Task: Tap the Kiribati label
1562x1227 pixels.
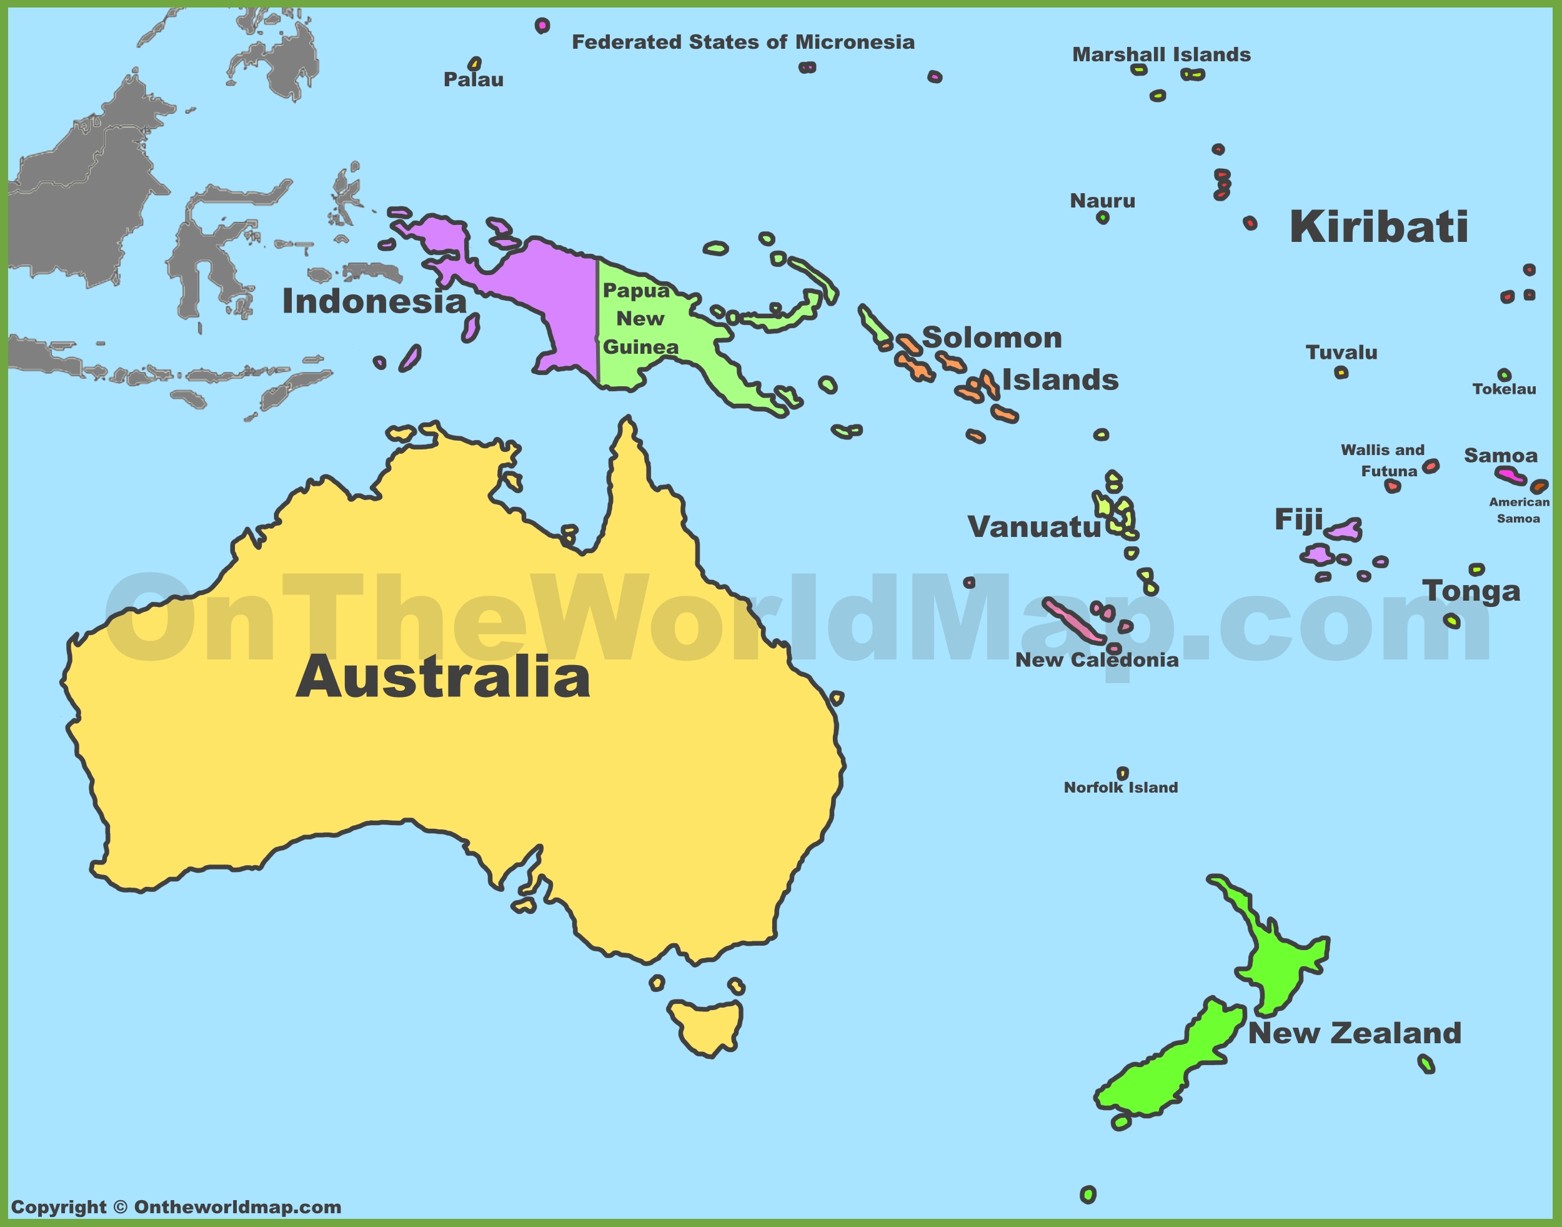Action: click(1378, 227)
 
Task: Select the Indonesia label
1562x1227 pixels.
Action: click(374, 301)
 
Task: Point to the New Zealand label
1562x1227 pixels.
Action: click(1355, 1033)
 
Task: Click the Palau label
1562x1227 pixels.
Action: click(473, 79)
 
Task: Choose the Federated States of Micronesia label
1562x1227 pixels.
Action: click(743, 43)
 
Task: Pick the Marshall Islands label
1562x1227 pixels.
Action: click(1162, 54)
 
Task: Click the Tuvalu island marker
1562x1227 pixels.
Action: click(1341, 372)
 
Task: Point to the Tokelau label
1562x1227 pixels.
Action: click(1504, 389)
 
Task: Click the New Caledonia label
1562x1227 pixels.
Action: click(1097, 660)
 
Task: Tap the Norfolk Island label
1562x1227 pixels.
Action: click(1120, 788)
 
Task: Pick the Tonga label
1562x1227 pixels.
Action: click(1471, 591)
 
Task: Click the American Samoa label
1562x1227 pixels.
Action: click(1518, 510)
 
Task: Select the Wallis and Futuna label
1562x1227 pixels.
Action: click(1383, 461)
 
